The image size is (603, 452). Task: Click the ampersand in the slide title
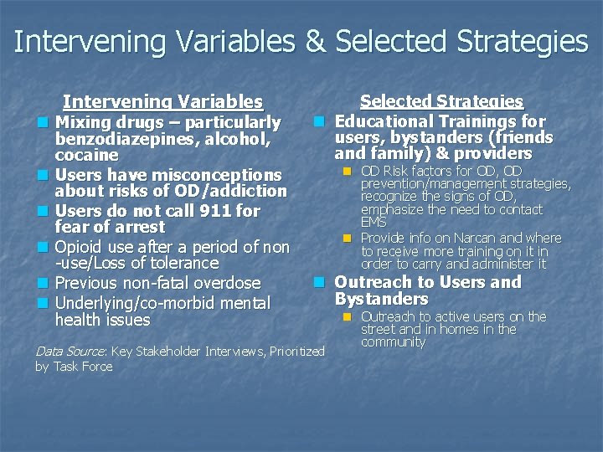[x=315, y=41]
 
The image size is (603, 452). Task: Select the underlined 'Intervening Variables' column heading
[x=162, y=102]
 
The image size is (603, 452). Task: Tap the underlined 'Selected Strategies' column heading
[x=441, y=101]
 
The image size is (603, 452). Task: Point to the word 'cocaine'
[x=86, y=156]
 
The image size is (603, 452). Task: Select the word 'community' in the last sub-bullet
[x=393, y=342]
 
